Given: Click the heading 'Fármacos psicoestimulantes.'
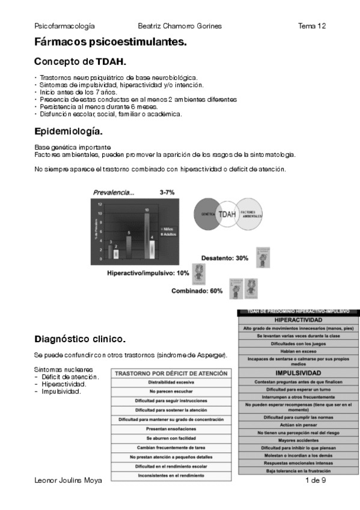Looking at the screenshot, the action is coord(111,43).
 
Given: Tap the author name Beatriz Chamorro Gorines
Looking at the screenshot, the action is coord(180,26).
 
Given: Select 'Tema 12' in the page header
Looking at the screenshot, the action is coord(312,26).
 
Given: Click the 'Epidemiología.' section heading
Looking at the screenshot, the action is coord(69,131).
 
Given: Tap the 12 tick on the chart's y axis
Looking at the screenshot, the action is coord(100,204).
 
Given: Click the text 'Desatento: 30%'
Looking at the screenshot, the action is coord(225,259).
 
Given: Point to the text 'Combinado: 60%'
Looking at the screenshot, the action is coord(197,291).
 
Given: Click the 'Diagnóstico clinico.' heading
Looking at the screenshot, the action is coord(80,339).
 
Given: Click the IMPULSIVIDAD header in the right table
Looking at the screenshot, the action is coord(299,373).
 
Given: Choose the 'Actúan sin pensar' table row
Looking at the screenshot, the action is coord(299,425).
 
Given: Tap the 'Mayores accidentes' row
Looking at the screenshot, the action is coord(299,440).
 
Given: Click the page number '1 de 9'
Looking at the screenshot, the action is coord(316,481).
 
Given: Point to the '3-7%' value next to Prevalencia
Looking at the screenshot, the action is coord(167,192).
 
